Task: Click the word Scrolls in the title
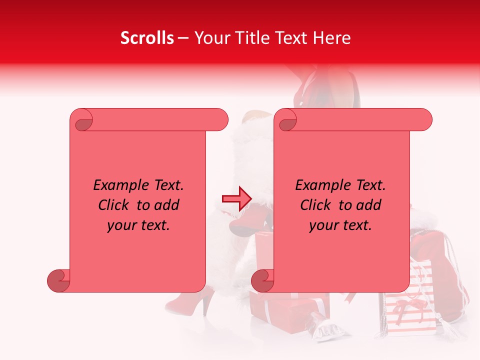click(x=147, y=38)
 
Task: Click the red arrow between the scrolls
click(x=236, y=198)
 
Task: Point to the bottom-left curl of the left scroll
click(x=59, y=280)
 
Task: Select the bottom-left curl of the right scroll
click(x=263, y=280)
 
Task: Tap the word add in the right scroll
click(x=369, y=205)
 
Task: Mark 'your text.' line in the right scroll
click(x=340, y=225)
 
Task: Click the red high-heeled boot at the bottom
click(x=187, y=302)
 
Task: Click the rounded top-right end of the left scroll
click(x=220, y=119)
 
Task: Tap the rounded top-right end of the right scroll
click(x=424, y=119)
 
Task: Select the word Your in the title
click(x=210, y=38)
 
